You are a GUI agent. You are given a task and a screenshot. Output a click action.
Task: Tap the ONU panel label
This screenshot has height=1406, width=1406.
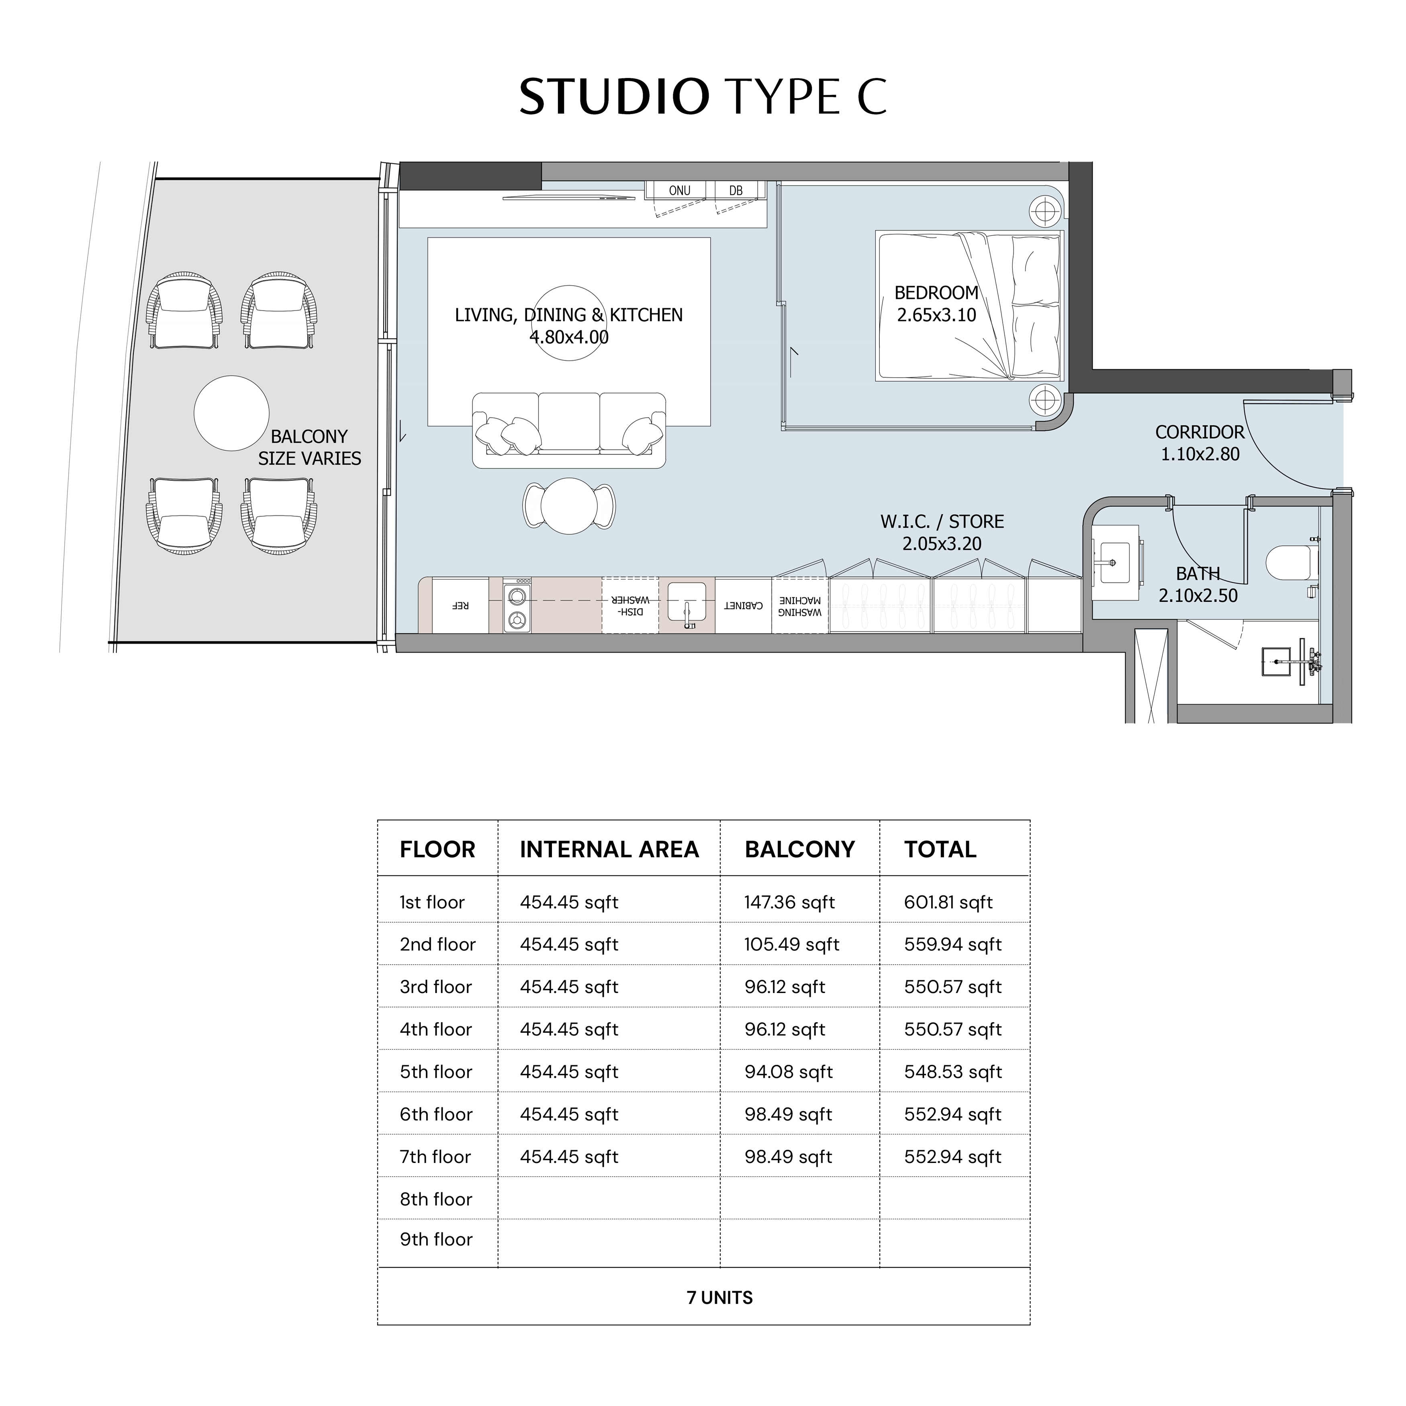(x=680, y=191)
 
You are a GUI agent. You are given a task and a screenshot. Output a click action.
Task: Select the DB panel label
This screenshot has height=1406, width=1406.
(x=736, y=191)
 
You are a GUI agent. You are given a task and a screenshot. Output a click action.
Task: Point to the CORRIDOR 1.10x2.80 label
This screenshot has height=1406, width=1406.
(x=1200, y=442)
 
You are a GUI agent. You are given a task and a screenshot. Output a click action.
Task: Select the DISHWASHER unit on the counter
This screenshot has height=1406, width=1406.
(x=630, y=605)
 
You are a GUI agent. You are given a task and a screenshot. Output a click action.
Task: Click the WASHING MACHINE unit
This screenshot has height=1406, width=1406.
(x=800, y=605)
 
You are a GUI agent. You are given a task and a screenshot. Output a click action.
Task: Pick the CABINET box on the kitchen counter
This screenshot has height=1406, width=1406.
(x=743, y=605)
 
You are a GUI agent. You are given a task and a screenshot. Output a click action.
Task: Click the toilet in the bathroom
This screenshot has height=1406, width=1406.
(x=1292, y=562)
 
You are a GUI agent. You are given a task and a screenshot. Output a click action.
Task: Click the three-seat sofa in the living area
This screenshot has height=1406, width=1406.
(x=569, y=430)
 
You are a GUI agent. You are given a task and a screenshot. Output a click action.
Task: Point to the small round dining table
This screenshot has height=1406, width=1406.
(x=569, y=506)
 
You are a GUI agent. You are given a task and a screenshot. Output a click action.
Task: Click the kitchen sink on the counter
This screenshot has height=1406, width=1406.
(x=687, y=604)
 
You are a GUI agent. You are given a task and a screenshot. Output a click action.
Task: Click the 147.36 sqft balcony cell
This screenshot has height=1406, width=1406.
(x=790, y=902)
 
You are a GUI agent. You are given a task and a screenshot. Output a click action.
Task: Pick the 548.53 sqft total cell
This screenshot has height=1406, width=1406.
(x=953, y=1072)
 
